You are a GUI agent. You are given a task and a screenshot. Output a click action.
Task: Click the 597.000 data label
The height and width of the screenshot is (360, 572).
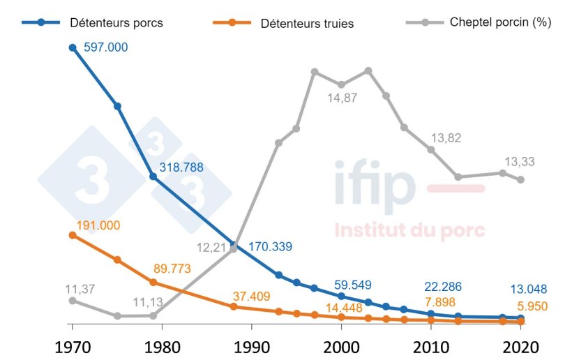pos(105,47)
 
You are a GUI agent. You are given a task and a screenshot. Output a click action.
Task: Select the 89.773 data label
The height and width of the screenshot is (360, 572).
pos(176,269)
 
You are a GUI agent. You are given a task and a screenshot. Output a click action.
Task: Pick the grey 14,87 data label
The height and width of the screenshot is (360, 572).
pos(342,98)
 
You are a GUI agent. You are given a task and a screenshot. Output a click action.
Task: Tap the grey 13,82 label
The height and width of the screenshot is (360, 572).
pos(446,138)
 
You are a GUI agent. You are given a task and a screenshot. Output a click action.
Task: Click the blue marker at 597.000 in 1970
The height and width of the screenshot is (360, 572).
pos(72,48)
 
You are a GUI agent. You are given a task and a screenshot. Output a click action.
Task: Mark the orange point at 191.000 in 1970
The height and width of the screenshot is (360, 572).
pos(72,235)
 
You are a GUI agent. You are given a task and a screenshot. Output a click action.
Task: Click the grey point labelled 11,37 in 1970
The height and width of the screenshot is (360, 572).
pos(72,301)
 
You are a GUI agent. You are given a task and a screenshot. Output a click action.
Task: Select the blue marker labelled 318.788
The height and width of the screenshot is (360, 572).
pos(153,177)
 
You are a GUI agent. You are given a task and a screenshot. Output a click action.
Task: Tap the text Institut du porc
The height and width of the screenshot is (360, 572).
pos(409,231)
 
